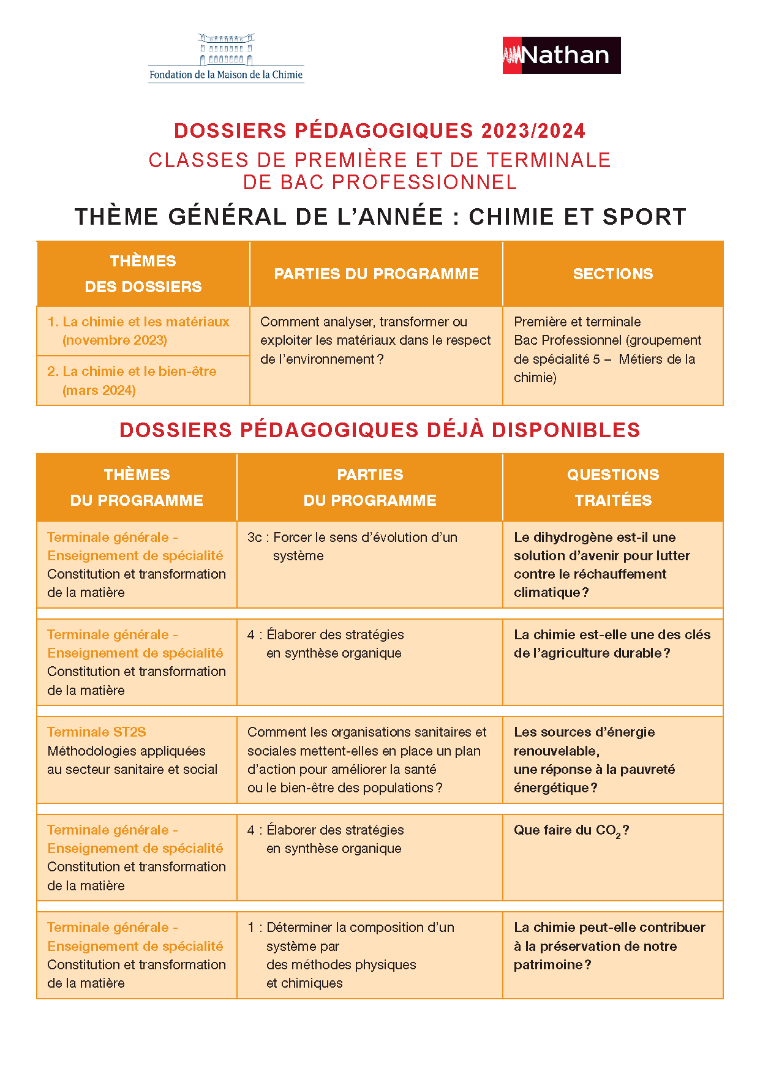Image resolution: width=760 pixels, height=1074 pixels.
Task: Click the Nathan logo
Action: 561,55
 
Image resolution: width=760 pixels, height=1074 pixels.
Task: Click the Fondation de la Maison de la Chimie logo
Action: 226,58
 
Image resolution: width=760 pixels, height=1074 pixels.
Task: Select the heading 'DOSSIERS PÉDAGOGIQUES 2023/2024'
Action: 380,130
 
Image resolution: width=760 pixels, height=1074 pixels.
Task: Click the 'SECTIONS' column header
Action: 612,274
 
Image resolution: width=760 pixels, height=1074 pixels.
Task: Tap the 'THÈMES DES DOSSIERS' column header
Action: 143,274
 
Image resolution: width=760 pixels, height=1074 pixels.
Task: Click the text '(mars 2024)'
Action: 99,390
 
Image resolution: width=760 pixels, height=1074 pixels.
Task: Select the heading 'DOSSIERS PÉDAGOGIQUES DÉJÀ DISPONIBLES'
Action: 380,430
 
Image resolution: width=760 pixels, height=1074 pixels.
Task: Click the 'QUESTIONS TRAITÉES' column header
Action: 612,487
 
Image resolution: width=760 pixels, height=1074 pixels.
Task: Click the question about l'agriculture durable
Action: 612,644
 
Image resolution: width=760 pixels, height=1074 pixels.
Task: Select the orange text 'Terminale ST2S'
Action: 97,732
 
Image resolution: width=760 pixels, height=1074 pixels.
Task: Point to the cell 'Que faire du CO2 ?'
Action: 571,830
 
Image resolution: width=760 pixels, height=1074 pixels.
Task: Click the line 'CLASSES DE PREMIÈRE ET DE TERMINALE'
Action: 380,160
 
